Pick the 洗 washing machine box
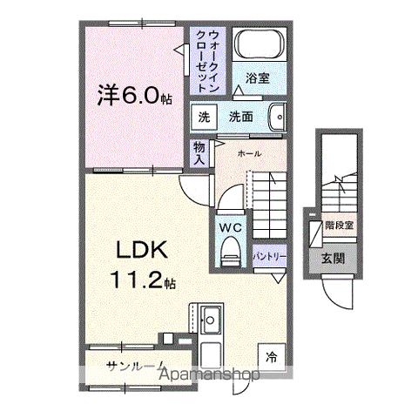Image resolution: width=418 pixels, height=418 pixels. tap(203, 117)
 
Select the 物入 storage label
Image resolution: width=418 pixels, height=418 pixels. tap(199, 153)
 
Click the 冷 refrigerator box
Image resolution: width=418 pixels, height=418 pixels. tap(271, 355)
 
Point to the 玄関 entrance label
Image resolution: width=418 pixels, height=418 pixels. tap(333, 258)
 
